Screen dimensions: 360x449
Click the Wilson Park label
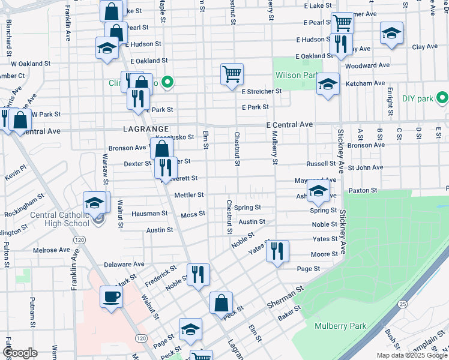coord(296,76)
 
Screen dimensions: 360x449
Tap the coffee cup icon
coord(112,296)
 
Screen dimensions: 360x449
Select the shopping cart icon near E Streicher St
coord(232,75)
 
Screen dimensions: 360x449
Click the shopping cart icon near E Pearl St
coord(342,23)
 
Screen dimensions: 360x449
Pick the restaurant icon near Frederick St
coord(198,275)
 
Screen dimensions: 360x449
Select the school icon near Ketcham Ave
coord(328,84)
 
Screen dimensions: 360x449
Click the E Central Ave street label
coord(290,124)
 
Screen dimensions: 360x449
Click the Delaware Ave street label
coord(124,263)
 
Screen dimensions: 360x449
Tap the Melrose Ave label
coord(52,250)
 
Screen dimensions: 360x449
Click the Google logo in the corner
coord(20,352)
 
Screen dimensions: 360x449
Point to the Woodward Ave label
coord(368,65)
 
